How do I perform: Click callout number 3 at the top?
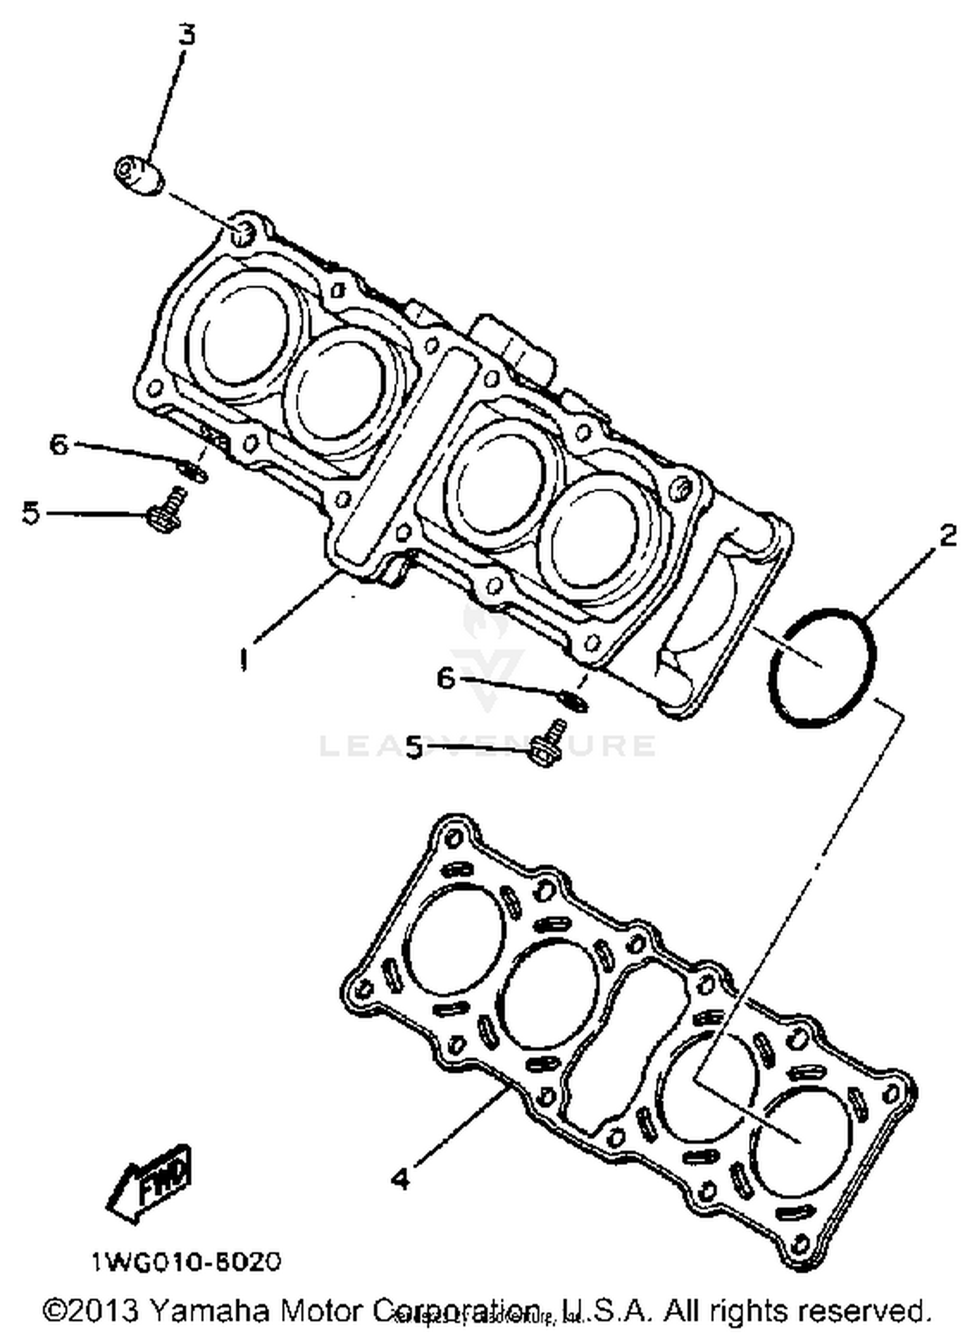187,34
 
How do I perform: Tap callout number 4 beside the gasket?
401,1177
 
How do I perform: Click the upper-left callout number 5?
31,513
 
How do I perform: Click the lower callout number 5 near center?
414,747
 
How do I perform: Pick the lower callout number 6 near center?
446,679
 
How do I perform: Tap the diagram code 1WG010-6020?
186,1262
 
